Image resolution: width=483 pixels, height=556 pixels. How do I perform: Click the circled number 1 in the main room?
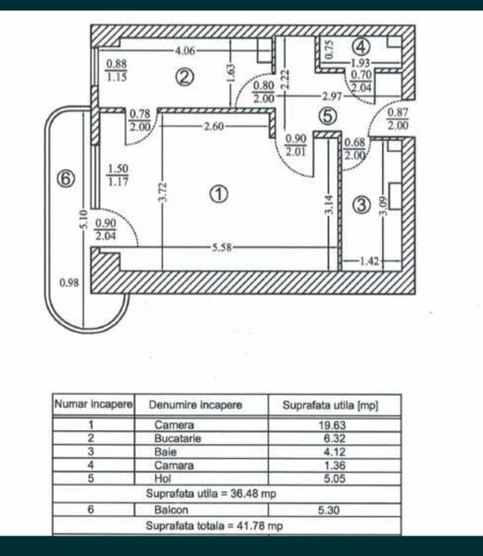point(219,194)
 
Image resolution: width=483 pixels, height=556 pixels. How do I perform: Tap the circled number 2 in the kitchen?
point(184,77)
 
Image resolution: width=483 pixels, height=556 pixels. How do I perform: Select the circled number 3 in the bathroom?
point(362,205)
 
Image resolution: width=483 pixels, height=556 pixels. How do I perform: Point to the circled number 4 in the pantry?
point(362,47)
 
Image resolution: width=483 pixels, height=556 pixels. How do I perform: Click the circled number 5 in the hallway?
point(327,116)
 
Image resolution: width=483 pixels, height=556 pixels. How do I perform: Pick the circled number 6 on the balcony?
point(66,178)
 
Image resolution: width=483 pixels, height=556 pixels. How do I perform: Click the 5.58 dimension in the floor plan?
point(222,247)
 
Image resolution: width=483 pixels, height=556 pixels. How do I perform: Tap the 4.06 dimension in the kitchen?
point(185,51)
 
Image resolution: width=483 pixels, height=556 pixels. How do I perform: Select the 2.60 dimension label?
point(213,126)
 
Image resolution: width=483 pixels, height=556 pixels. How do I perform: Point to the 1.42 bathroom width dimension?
point(369,261)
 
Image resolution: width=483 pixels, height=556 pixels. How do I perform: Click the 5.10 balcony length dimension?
point(83,220)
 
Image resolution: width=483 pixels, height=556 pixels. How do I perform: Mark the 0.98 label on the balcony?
point(70,283)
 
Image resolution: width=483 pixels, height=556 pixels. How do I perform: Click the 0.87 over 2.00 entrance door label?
point(398,119)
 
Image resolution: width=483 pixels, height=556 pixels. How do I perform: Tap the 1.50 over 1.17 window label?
point(118,175)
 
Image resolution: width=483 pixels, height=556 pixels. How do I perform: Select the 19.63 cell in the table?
point(332,424)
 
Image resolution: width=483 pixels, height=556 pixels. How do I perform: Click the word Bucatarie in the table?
point(178,438)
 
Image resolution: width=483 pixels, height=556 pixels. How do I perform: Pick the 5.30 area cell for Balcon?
point(329,510)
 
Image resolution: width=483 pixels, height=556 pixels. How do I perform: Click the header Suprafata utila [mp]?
point(331,405)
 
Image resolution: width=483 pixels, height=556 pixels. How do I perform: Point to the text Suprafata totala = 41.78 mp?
point(214,525)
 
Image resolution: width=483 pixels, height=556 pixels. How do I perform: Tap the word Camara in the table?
point(174,465)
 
